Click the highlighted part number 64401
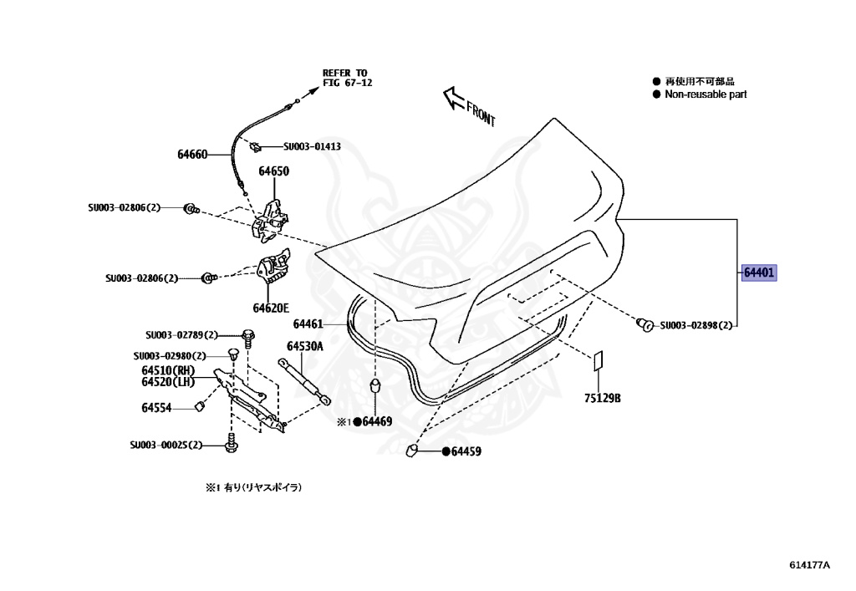760,273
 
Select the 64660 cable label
192,155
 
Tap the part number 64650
273,171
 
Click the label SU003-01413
312,146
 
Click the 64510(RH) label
168,370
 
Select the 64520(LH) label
168,382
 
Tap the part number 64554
156,408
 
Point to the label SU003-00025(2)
166,446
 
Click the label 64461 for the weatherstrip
308,324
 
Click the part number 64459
466,451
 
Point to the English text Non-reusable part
705,94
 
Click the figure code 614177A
809,564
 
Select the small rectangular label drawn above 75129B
599,360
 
